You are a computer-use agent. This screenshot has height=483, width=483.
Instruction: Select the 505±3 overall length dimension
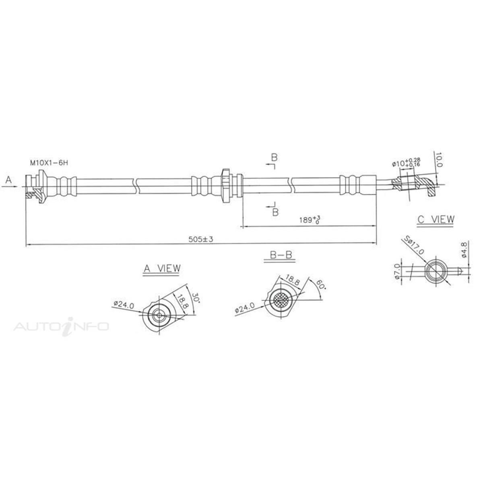coord(200,239)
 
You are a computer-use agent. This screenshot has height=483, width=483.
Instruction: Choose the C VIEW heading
coord(436,219)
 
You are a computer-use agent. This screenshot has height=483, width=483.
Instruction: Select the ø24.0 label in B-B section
coord(244,309)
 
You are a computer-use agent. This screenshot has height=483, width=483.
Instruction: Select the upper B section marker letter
coord(273,157)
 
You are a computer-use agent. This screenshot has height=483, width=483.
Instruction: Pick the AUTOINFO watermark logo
coord(61,326)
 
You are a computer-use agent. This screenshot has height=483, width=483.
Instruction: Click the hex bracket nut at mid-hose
coord(226,186)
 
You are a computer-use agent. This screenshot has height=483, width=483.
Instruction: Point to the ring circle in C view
coord(436,271)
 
